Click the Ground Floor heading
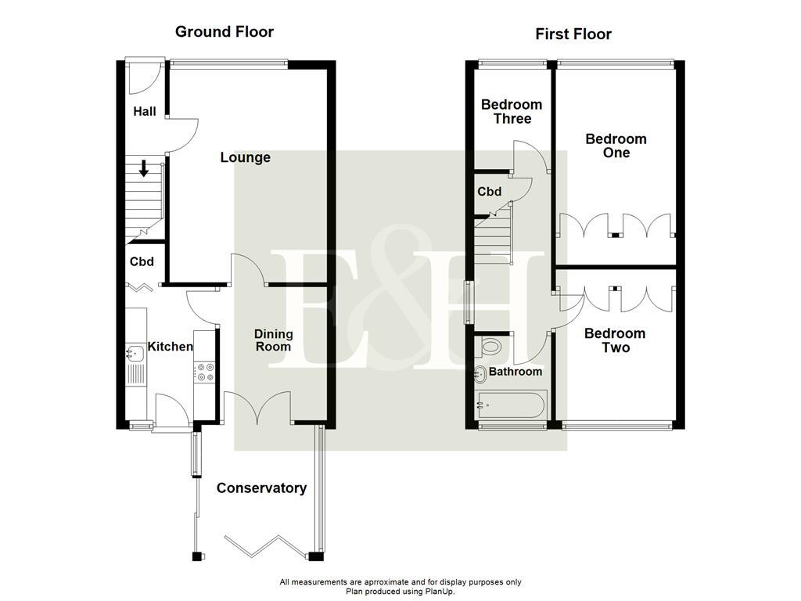click(x=224, y=32)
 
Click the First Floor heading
click(x=573, y=34)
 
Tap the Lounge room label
click(x=245, y=157)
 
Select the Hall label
click(x=144, y=111)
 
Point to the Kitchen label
click(x=171, y=347)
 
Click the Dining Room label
click(x=272, y=340)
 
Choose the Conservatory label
click(x=261, y=488)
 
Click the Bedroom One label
click(x=616, y=146)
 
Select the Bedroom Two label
click(x=615, y=340)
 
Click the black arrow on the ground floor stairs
click(x=144, y=167)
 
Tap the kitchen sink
click(x=134, y=354)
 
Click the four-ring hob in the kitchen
click(x=205, y=372)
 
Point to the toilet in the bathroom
click(x=491, y=346)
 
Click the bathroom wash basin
click(x=480, y=373)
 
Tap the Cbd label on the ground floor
click(x=142, y=262)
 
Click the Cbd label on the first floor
click(x=490, y=192)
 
